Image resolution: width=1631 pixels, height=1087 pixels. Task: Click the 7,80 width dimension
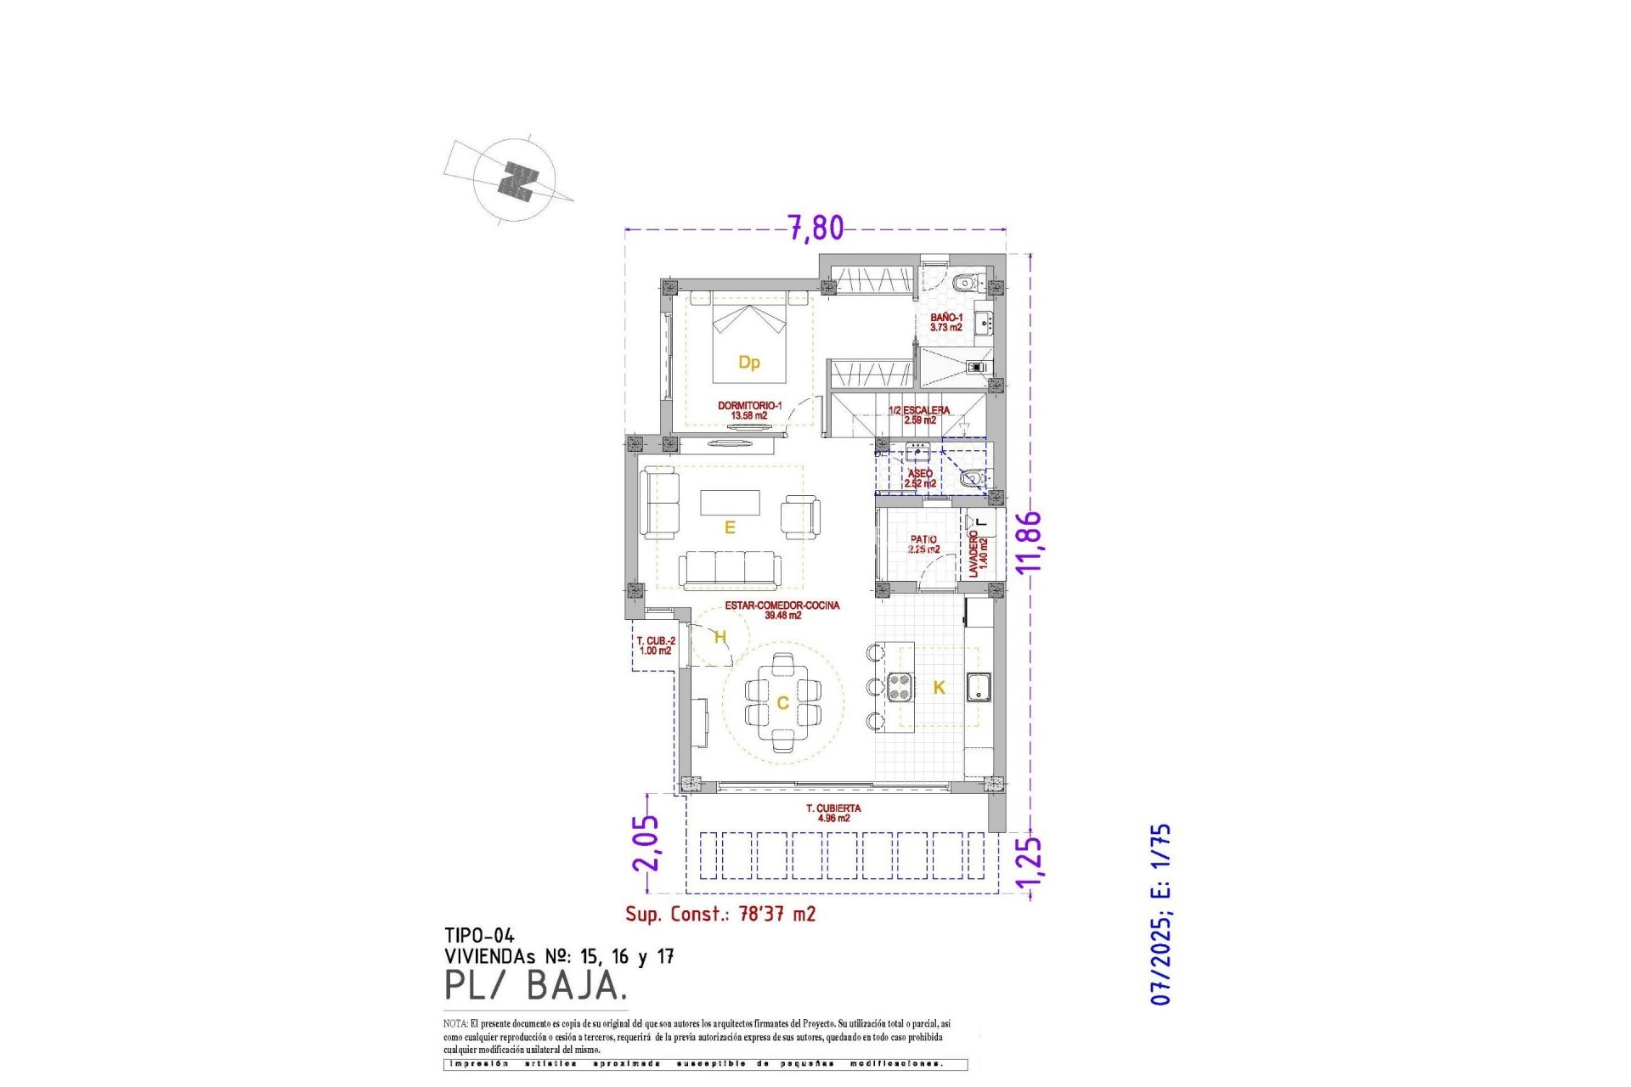pyautogui.click(x=815, y=228)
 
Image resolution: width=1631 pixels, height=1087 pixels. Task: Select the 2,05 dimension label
pyautogui.click(x=646, y=842)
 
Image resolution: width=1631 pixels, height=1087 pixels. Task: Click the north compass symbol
pyautogui.click(x=514, y=181)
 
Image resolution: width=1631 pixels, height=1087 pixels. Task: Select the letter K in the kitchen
pyautogui.click(x=939, y=687)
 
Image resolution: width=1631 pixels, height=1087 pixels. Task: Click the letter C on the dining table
pyautogui.click(x=782, y=702)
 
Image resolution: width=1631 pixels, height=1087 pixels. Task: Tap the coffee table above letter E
pyautogui.click(x=730, y=502)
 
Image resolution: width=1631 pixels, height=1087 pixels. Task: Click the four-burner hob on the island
pyautogui.click(x=900, y=686)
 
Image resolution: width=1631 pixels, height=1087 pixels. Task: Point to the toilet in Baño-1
pyautogui.click(x=963, y=283)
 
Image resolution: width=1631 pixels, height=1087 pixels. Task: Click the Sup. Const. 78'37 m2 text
pyautogui.click(x=720, y=914)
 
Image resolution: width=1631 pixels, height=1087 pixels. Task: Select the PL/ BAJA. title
pyautogui.click(x=536, y=985)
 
